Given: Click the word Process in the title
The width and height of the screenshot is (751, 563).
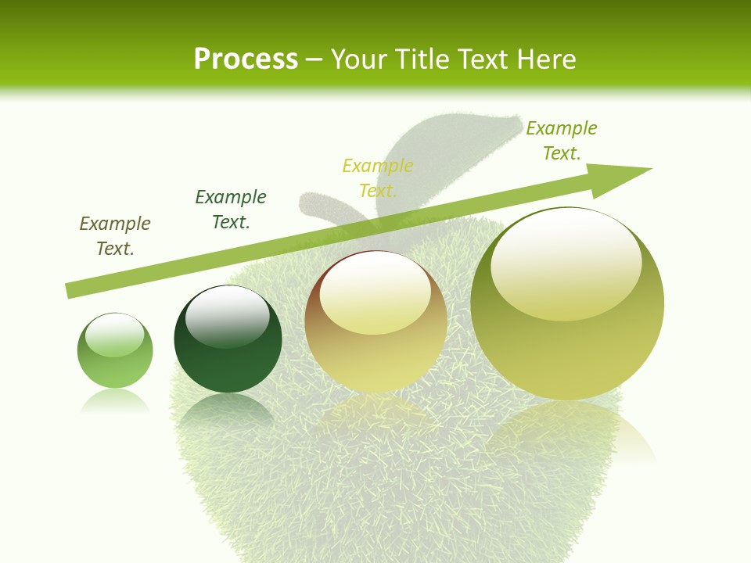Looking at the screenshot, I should point(246,59).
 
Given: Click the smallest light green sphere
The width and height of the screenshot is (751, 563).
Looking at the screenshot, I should point(115,351).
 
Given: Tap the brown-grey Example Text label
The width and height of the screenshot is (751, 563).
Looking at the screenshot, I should point(115,236).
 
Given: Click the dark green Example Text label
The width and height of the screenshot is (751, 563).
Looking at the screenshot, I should point(231,210).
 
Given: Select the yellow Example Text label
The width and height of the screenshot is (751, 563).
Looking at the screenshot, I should point(378,178).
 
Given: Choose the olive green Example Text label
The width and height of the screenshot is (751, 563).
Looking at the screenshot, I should point(562,141).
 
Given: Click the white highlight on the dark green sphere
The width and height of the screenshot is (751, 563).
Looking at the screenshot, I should point(228,317).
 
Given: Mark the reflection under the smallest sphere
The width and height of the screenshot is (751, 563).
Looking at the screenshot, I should point(115,403).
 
